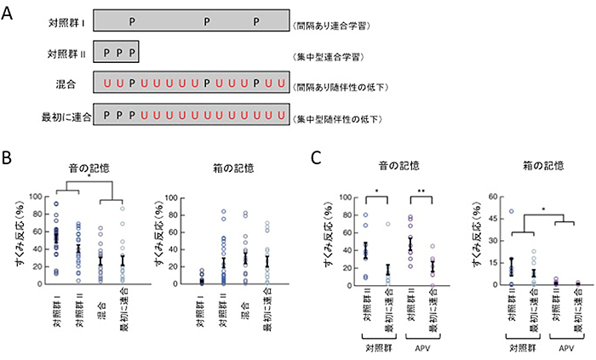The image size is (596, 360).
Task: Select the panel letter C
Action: tap(316, 157)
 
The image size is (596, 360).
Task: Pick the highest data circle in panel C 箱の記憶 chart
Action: tap(512, 211)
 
